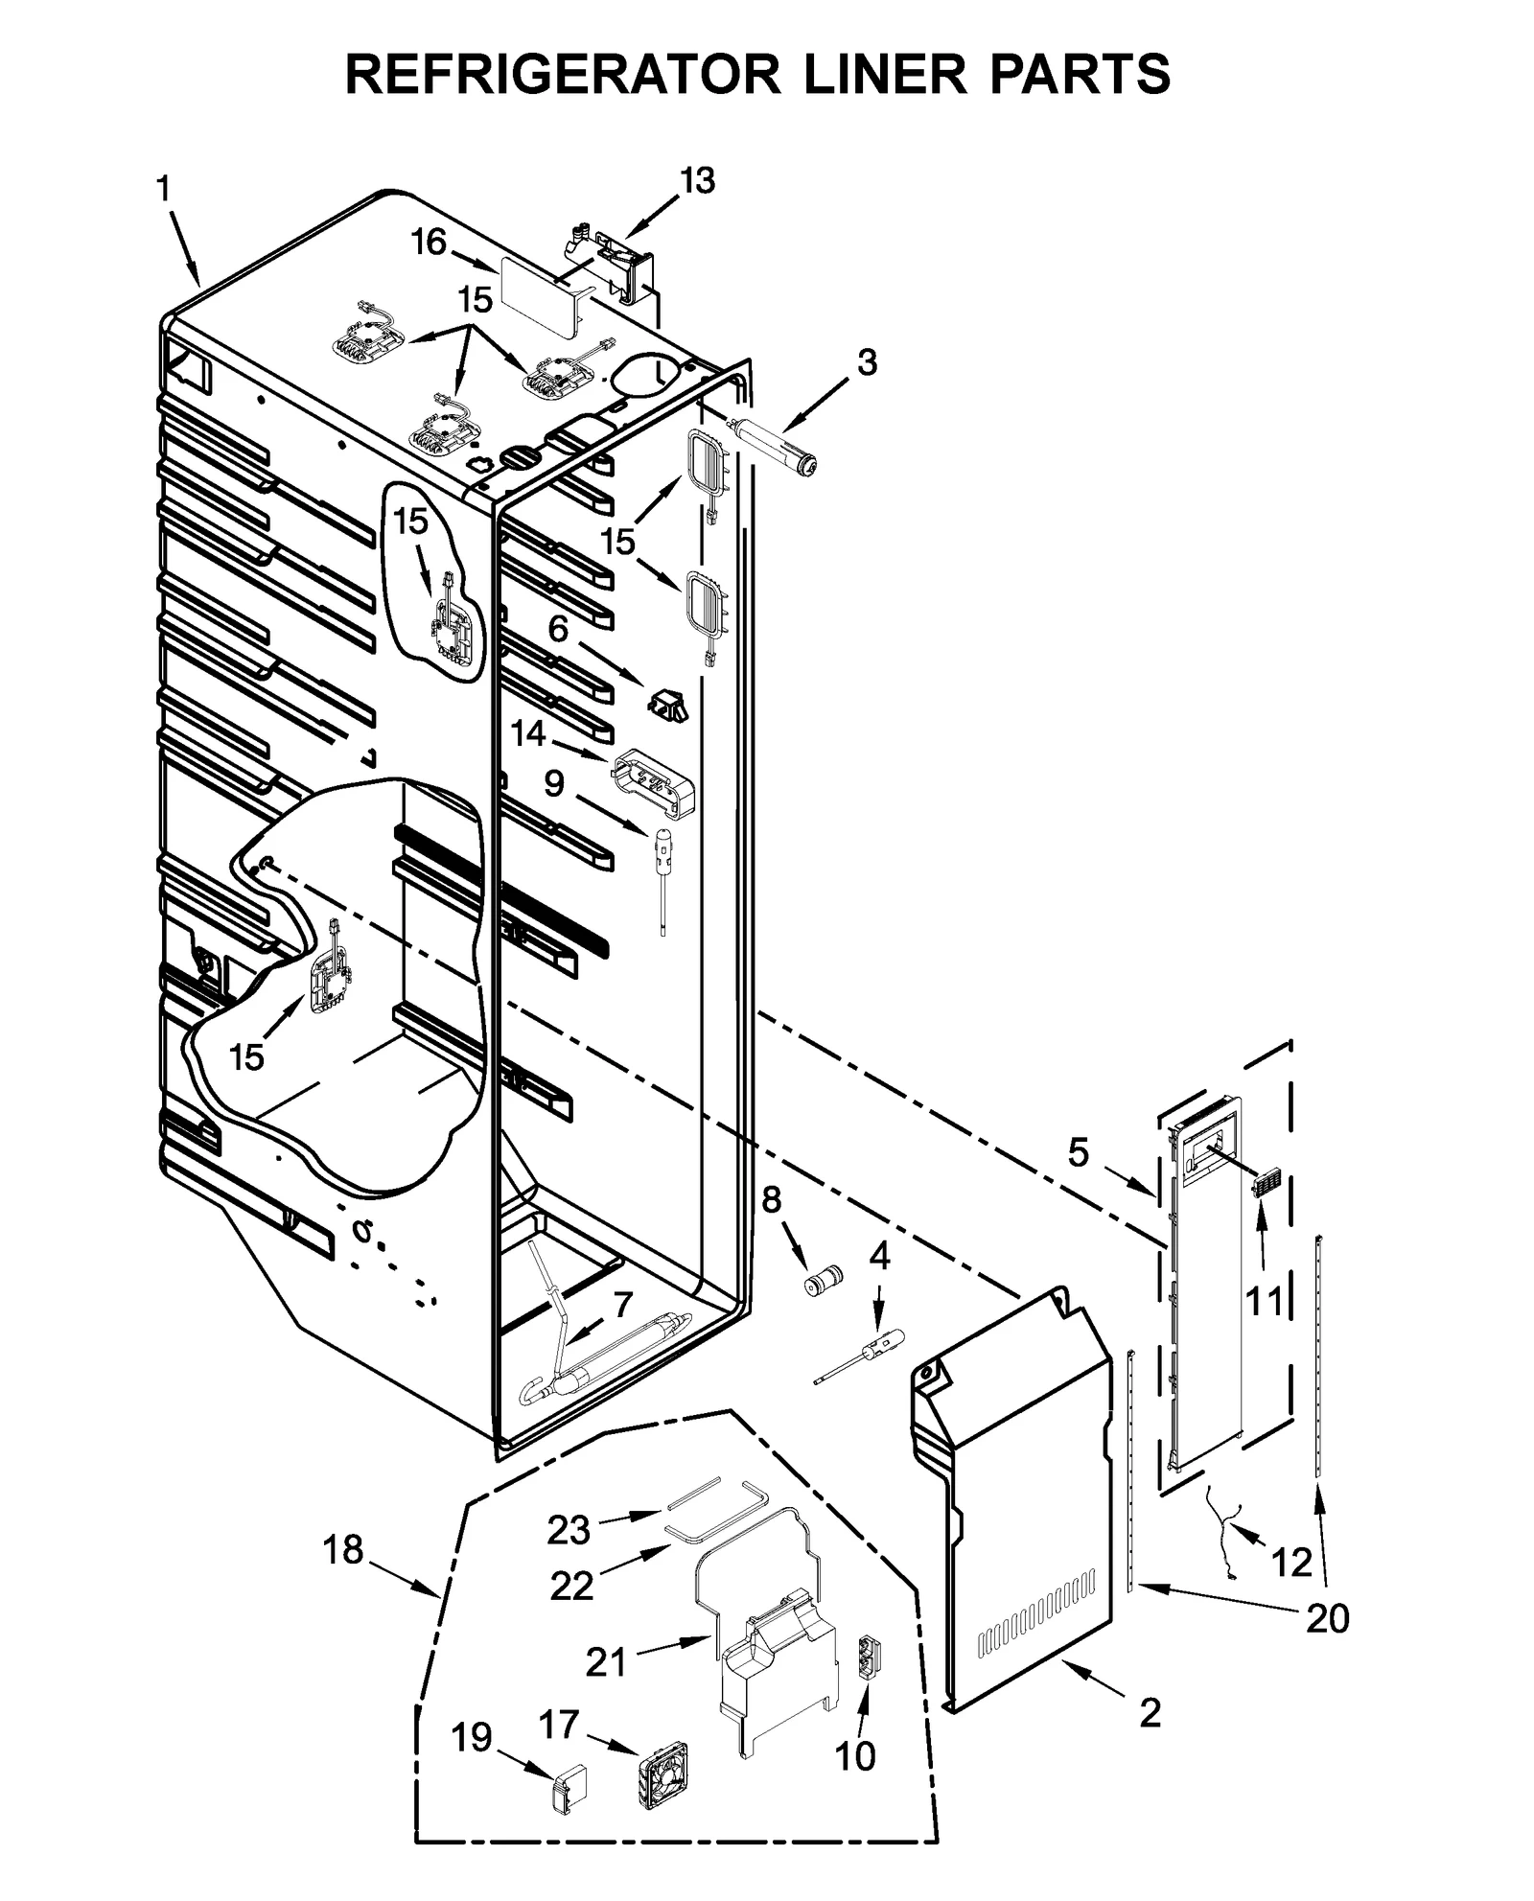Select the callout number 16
click(x=429, y=243)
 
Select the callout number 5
click(x=1079, y=1152)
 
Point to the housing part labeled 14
click(x=655, y=784)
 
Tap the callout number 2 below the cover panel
click(x=1150, y=1712)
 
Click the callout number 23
click(x=569, y=1530)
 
